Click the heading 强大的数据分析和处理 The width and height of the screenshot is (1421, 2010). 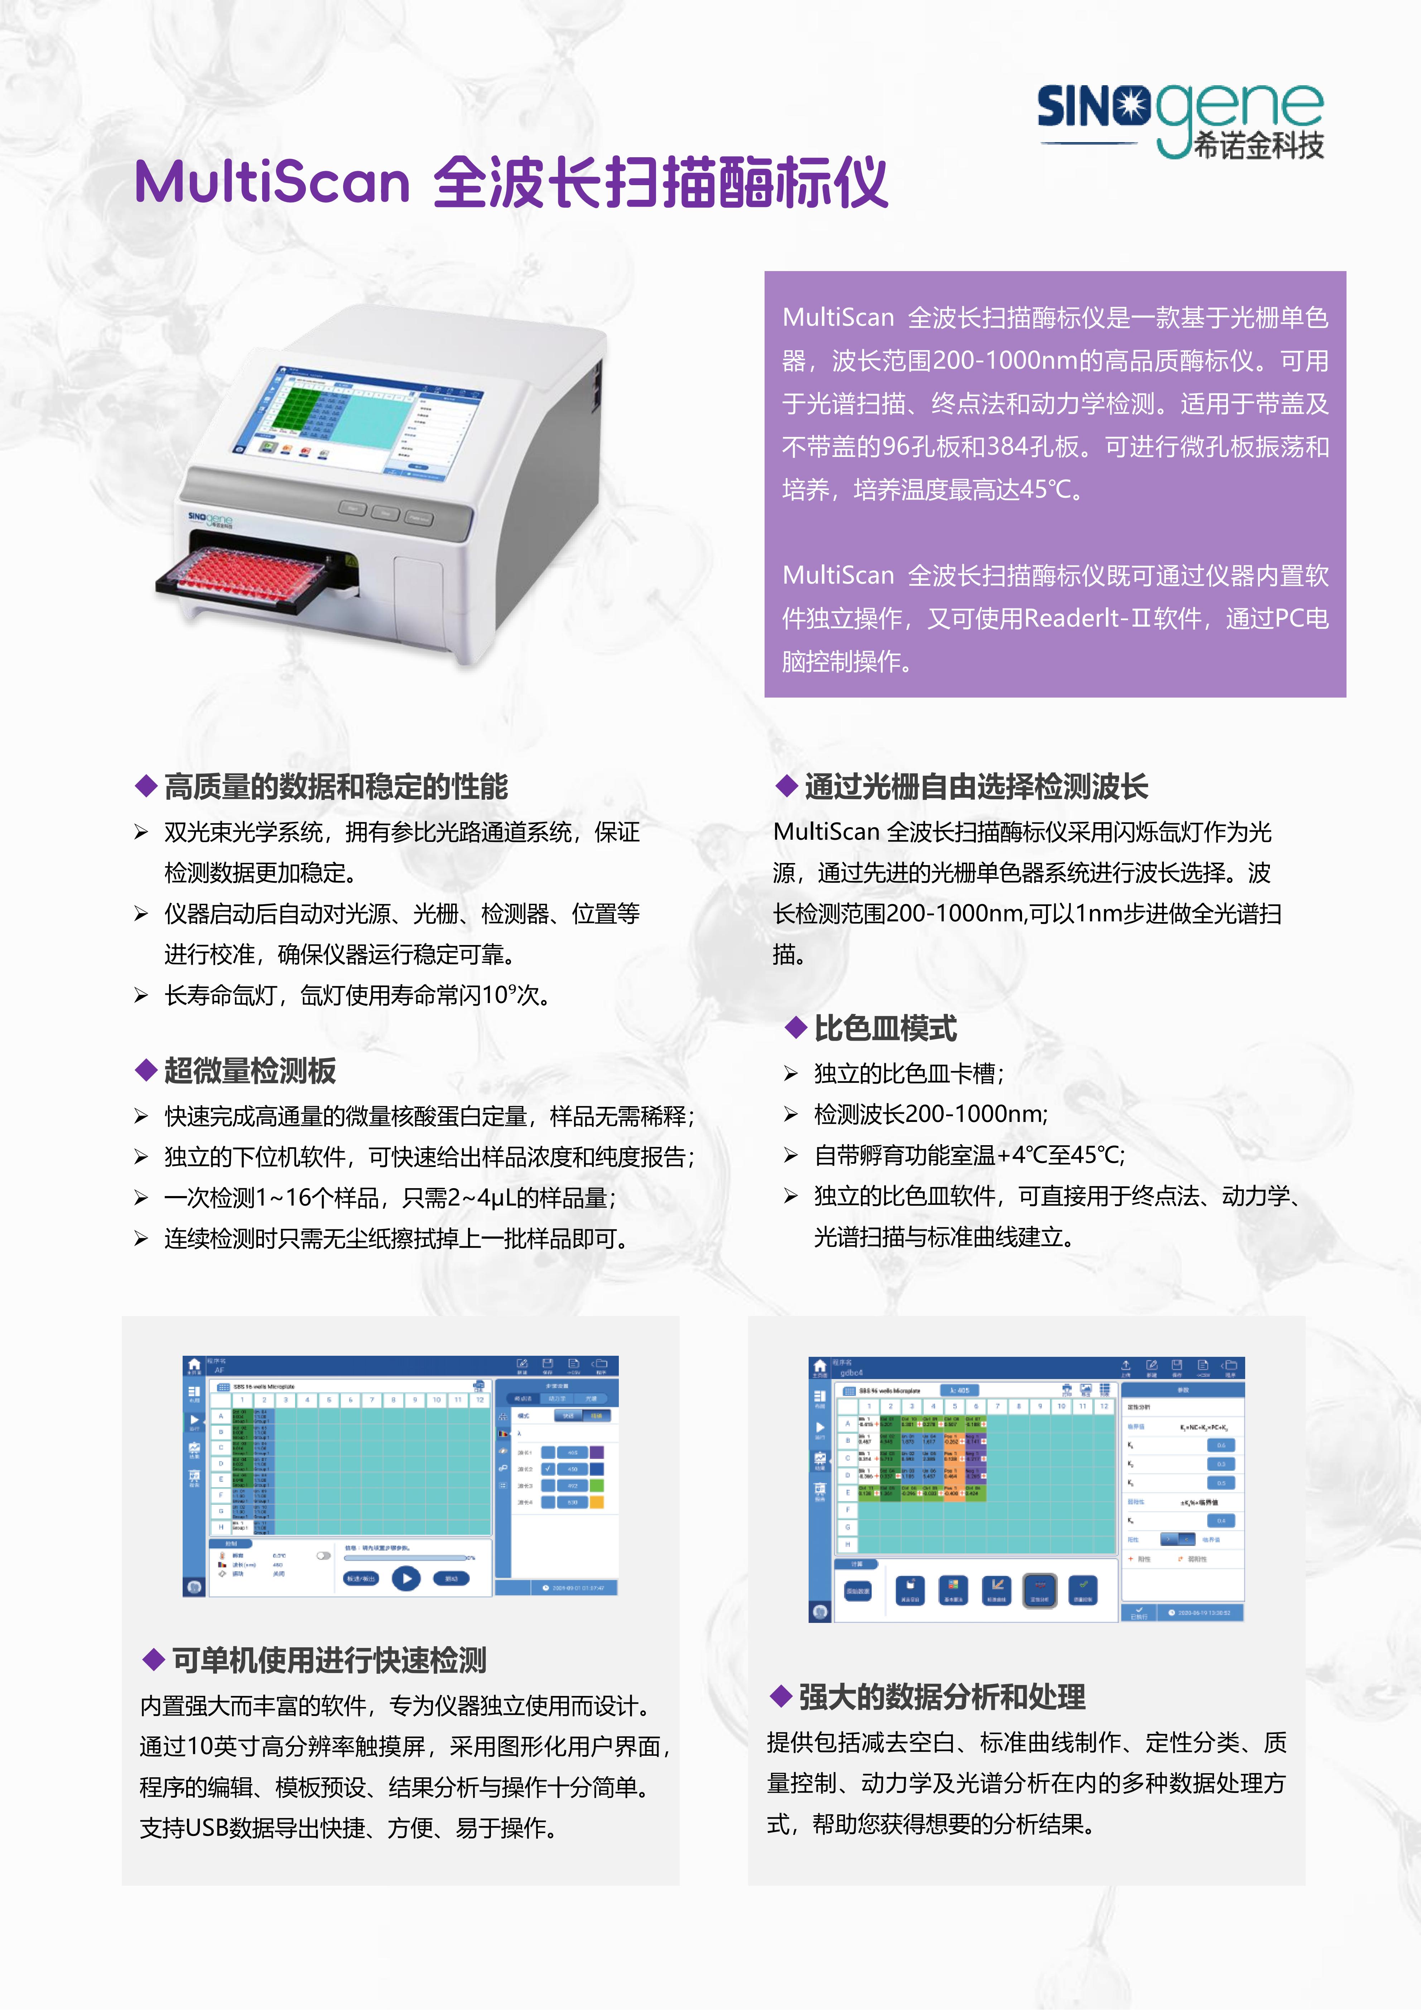pos(941,1697)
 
